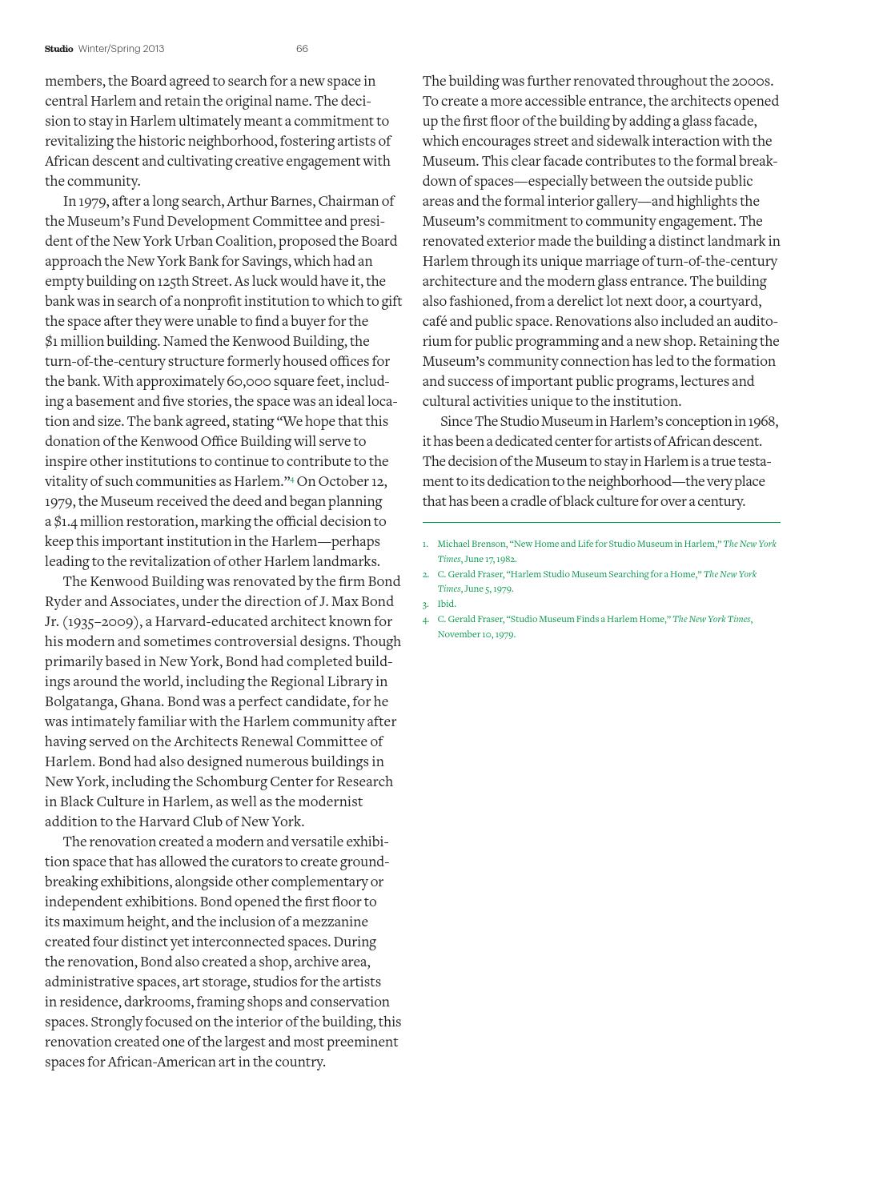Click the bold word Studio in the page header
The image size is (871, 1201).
(58, 49)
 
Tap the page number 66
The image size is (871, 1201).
(302, 49)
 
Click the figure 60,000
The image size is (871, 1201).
(255, 381)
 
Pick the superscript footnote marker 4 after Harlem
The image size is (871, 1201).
(291, 480)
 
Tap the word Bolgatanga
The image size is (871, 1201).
(80, 701)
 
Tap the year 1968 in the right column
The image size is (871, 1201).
(762, 421)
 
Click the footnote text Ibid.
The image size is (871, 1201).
(447, 605)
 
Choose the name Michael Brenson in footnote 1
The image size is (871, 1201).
(472, 544)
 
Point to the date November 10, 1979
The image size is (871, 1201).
(476, 634)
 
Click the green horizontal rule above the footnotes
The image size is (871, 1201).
(600, 522)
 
